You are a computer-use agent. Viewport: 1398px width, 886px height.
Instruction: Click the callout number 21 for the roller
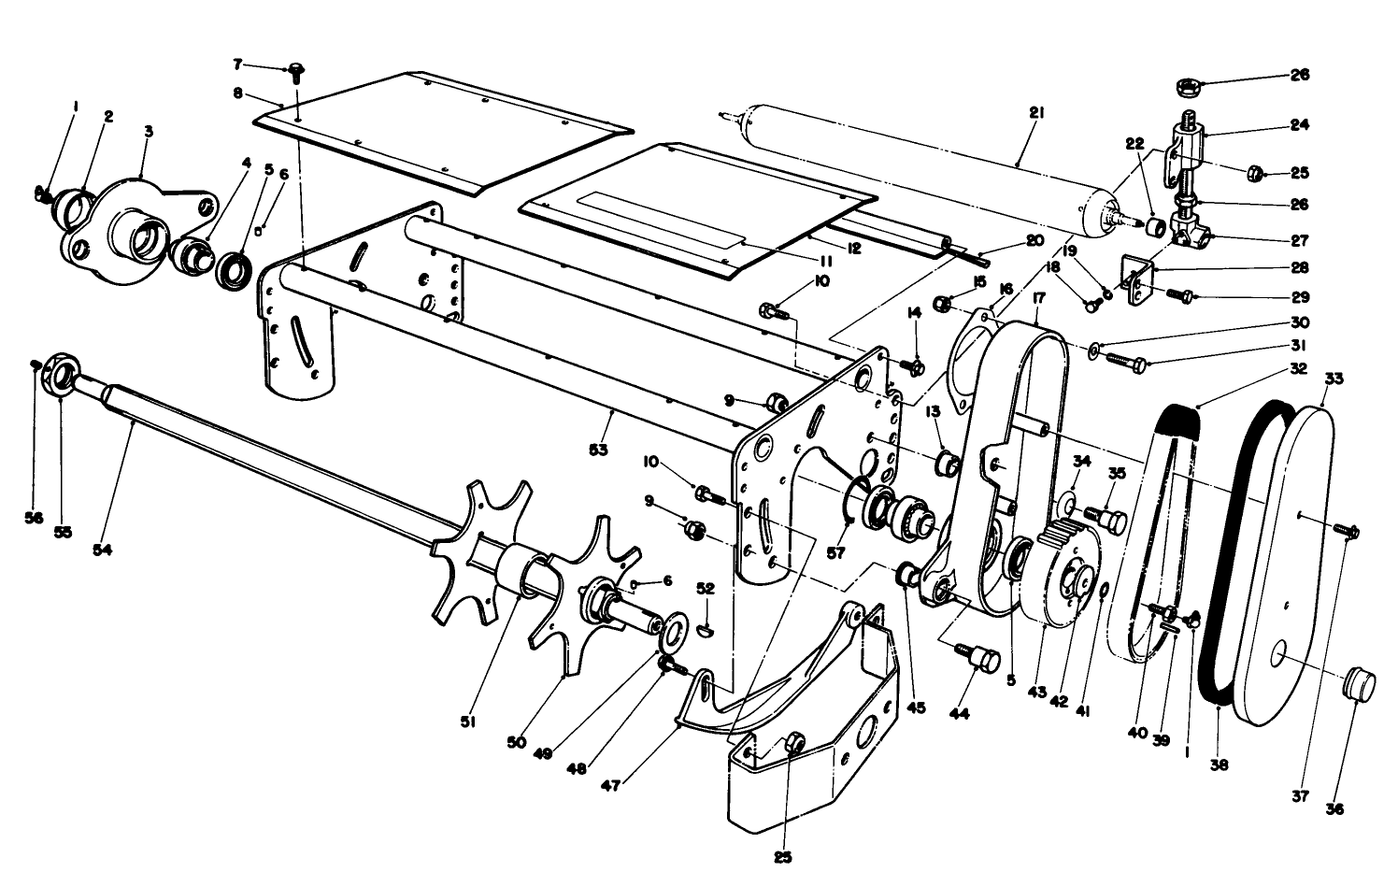(x=1035, y=112)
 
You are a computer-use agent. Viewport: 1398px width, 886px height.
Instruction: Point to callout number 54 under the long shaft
(x=102, y=550)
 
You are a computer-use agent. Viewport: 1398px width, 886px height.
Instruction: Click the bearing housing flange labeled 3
(x=140, y=234)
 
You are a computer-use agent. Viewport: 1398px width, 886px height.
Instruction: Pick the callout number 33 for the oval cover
(x=1334, y=379)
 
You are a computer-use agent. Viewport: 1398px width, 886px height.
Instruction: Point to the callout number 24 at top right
(x=1300, y=123)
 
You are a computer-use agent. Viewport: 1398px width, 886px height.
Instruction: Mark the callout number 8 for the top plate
(x=238, y=93)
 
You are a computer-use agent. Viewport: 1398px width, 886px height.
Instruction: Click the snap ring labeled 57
(x=852, y=500)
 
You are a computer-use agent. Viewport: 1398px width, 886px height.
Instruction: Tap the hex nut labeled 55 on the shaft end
(x=59, y=377)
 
